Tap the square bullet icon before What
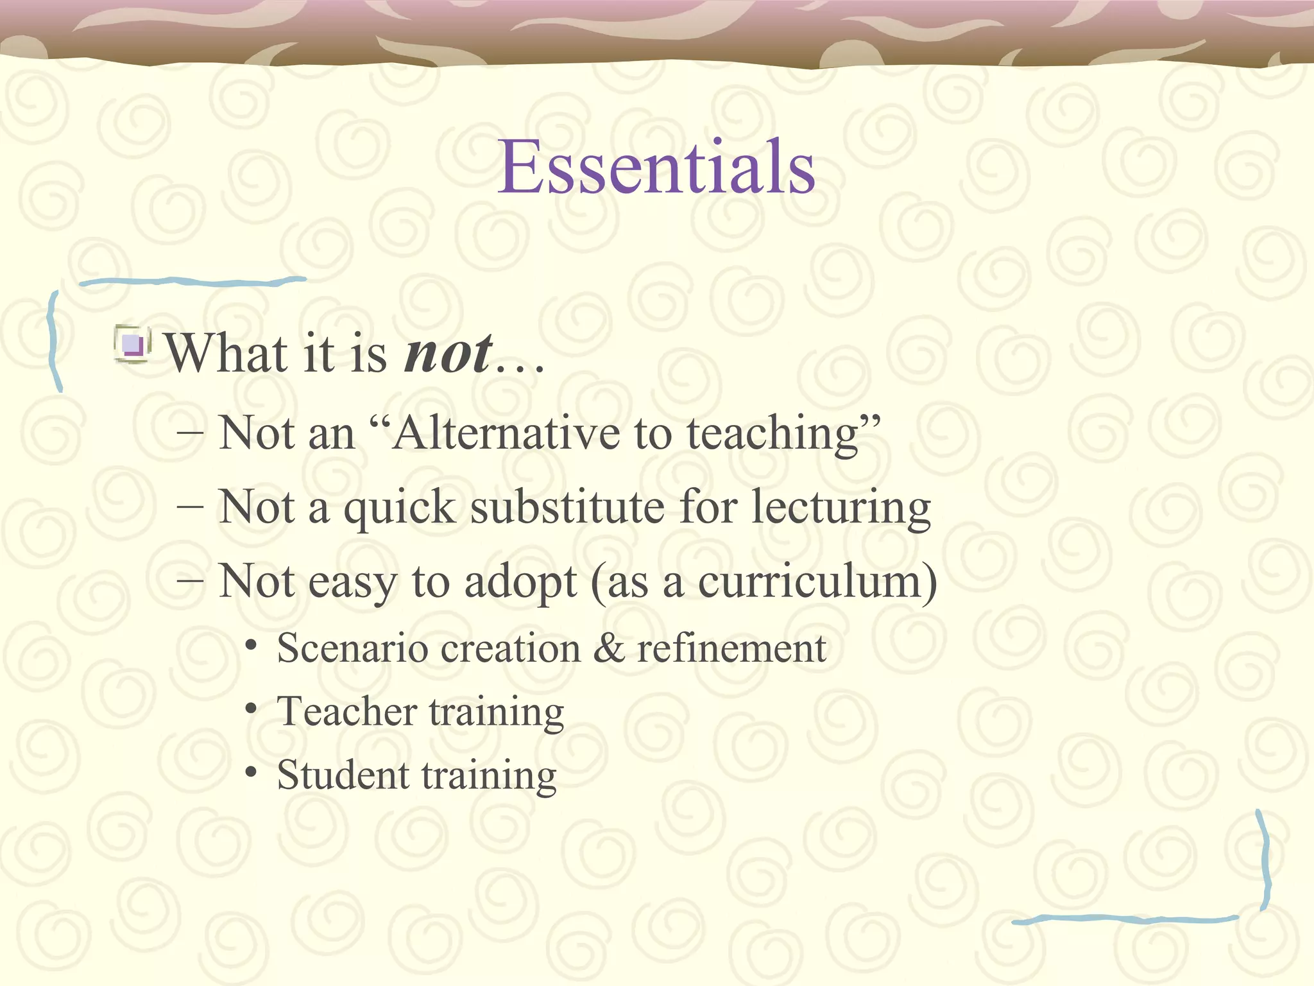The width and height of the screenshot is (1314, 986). [x=133, y=345]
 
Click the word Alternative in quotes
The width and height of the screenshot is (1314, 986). [x=506, y=433]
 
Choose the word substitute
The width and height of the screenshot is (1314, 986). [x=567, y=507]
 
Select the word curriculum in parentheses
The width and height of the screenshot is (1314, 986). [x=810, y=582]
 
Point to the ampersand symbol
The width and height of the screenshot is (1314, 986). [x=609, y=648]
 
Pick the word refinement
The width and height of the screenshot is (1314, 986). [x=731, y=648]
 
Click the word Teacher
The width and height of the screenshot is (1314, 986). [x=346, y=712]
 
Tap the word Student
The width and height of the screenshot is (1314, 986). [x=343, y=775]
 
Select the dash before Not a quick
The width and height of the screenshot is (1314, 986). [x=190, y=506]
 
